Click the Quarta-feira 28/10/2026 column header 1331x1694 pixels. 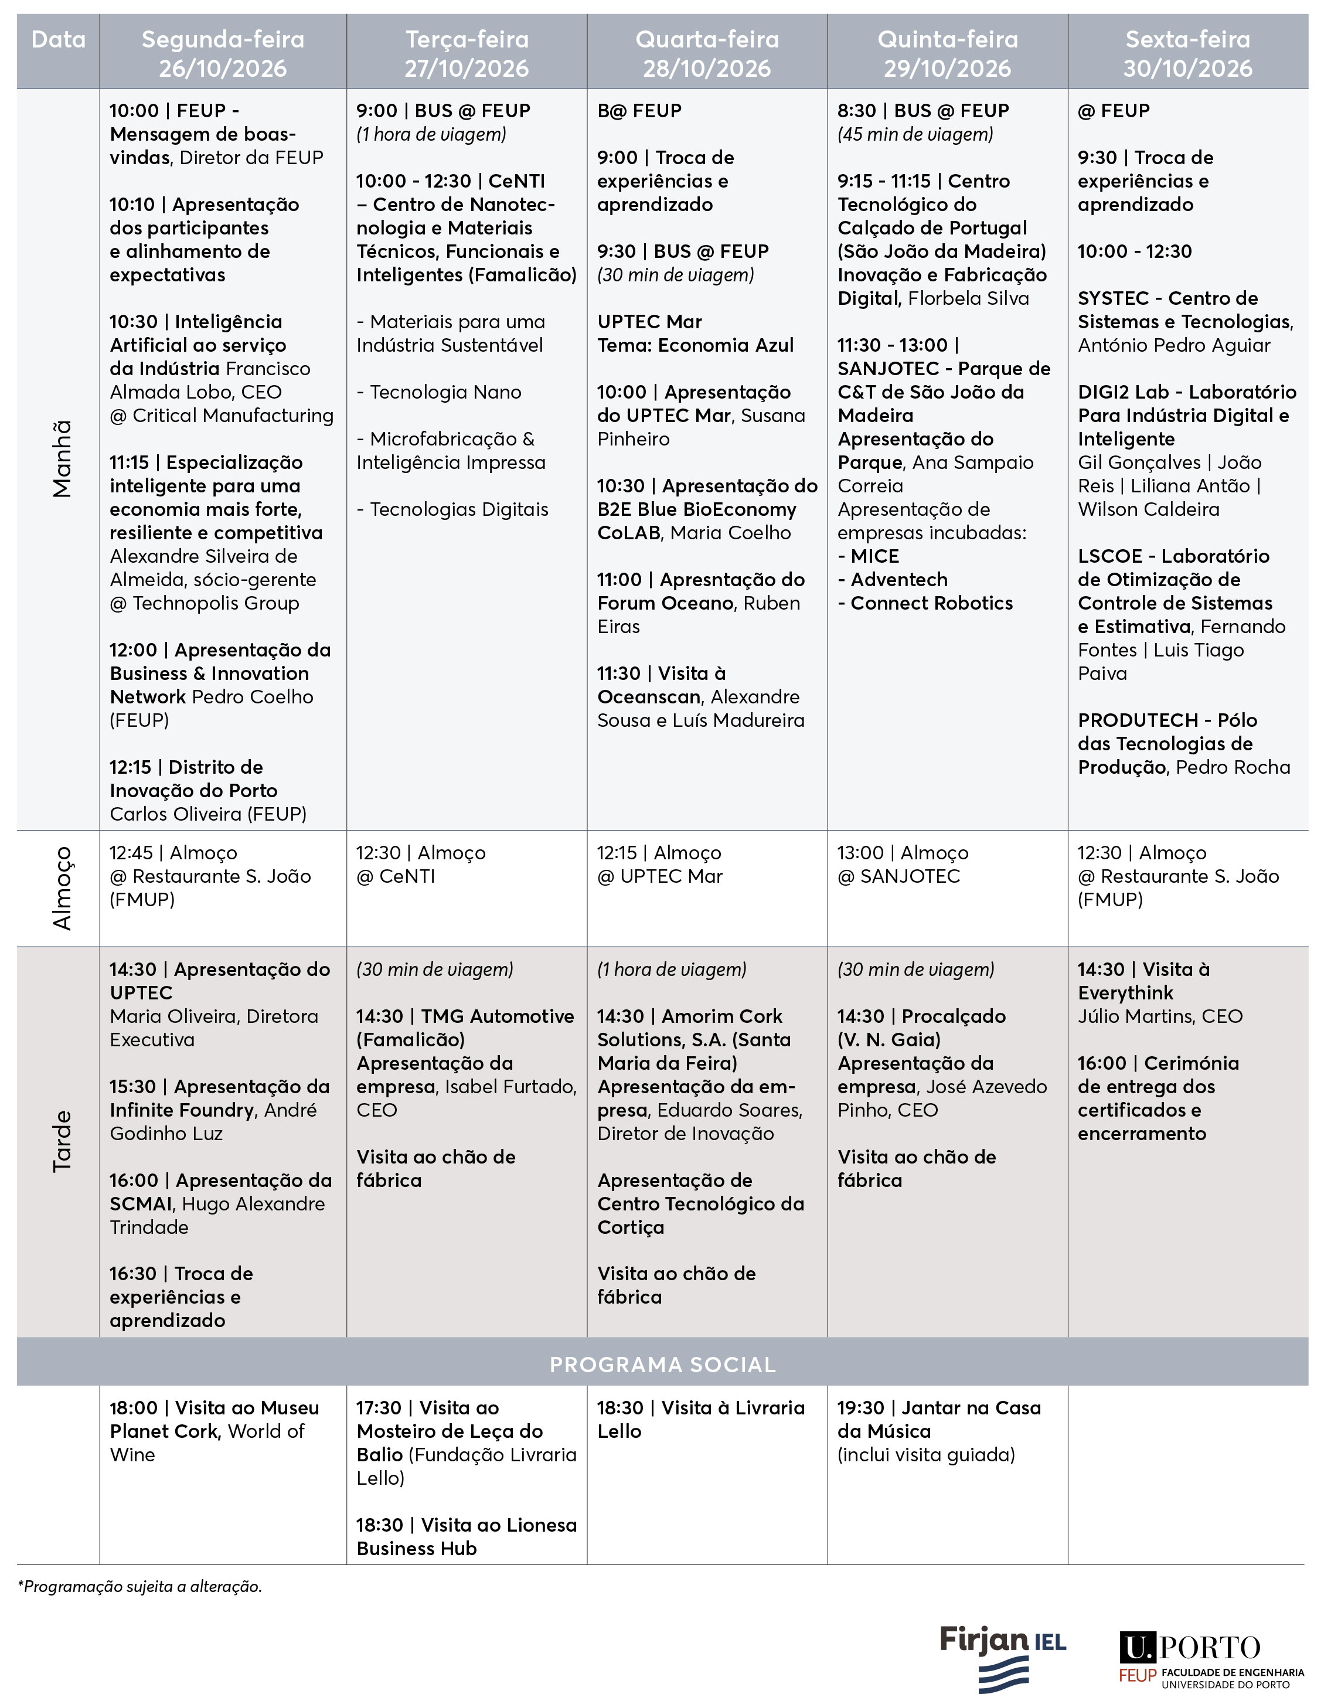(706, 53)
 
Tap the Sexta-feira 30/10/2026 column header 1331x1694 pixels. (1187, 53)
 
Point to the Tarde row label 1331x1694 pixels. (62, 1141)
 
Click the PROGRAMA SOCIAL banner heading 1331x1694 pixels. (662, 1365)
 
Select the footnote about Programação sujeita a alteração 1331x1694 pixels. (139, 1586)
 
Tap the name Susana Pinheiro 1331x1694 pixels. (700, 427)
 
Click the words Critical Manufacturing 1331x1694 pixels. (232, 416)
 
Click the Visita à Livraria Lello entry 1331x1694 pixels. (700, 1419)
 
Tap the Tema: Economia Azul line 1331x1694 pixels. (695, 345)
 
